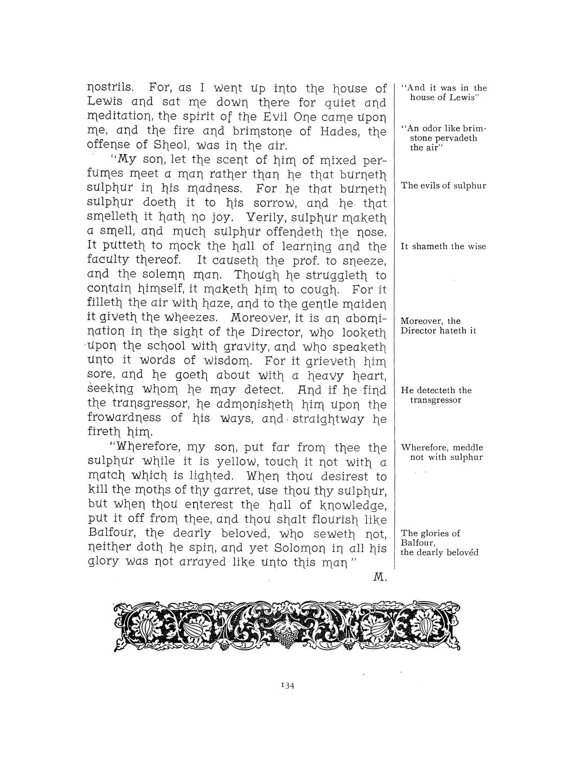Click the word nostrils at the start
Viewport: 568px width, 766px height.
click(x=106, y=87)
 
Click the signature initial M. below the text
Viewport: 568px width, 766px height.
click(x=381, y=578)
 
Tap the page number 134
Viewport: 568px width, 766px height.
click(x=284, y=686)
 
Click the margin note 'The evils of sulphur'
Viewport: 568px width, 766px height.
click(x=443, y=185)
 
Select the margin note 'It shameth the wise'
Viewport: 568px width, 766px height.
click(x=443, y=246)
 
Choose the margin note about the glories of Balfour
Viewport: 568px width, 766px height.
click(x=439, y=542)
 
